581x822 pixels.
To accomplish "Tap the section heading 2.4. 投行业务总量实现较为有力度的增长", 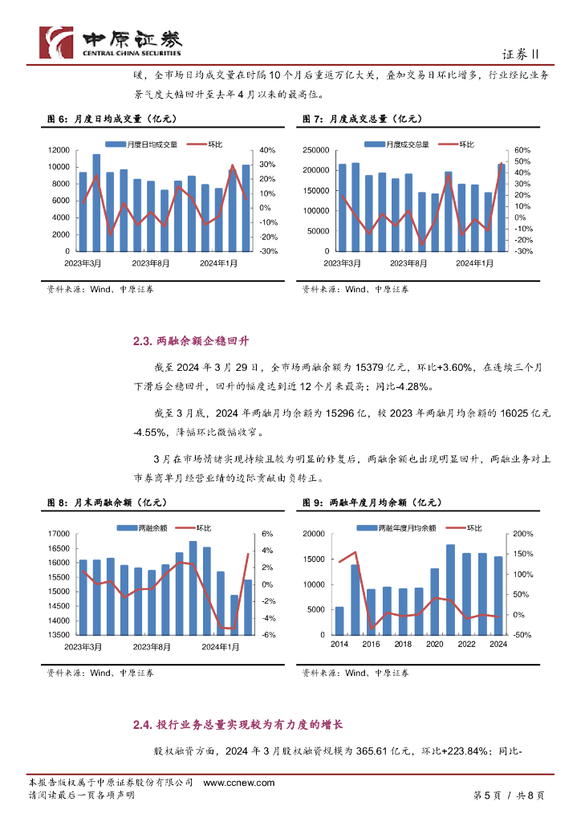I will click(238, 725).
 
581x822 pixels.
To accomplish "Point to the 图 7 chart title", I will click(362, 119).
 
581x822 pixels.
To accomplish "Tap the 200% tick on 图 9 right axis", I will click(523, 534).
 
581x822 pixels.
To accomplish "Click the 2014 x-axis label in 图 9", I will click(339, 645).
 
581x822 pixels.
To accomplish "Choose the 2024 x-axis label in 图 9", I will click(498, 645).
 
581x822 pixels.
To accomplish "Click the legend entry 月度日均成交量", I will click(147, 144).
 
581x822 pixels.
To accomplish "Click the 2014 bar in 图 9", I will click(339, 621).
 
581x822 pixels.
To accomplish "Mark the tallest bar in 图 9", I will click(450, 590).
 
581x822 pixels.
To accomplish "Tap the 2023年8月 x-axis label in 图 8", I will click(151, 646).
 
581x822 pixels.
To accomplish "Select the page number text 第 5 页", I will click(483, 795).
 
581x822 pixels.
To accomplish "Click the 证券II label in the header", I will click(524, 54).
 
